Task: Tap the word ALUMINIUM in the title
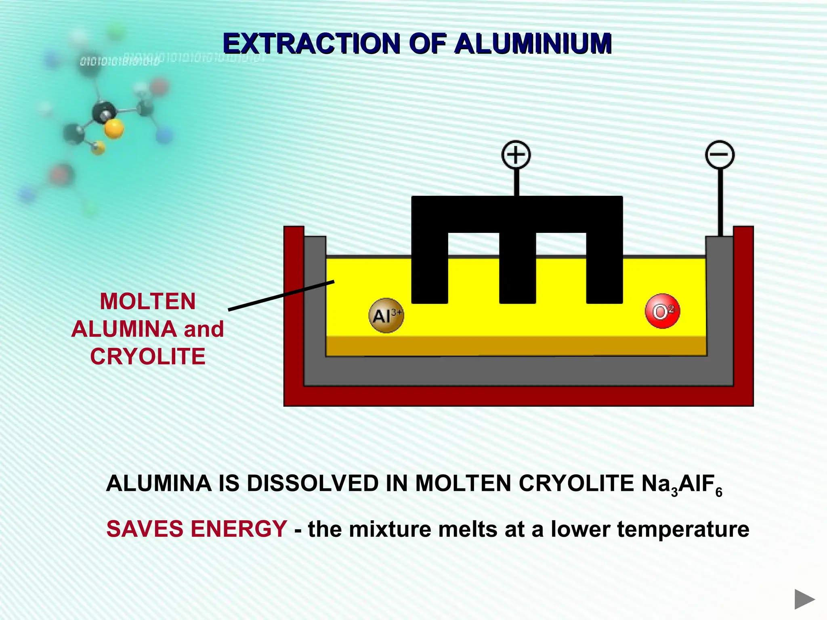pyautogui.click(x=533, y=44)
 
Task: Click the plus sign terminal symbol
pyautogui.click(x=516, y=155)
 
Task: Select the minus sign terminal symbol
pyautogui.click(x=719, y=155)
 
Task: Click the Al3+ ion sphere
pyautogui.click(x=386, y=315)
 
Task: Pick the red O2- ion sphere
pyautogui.click(x=662, y=311)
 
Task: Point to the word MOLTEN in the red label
pyautogui.click(x=148, y=302)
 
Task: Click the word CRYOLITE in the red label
pyautogui.click(x=148, y=356)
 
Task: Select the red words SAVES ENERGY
pyautogui.click(x=197, y=529)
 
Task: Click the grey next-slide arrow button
pyautogui.click(x=804, y=599)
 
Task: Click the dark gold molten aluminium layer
pyautogui.click(x=516, y=346)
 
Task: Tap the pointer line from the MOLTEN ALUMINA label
pyautogui.click(x=281, y=295)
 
